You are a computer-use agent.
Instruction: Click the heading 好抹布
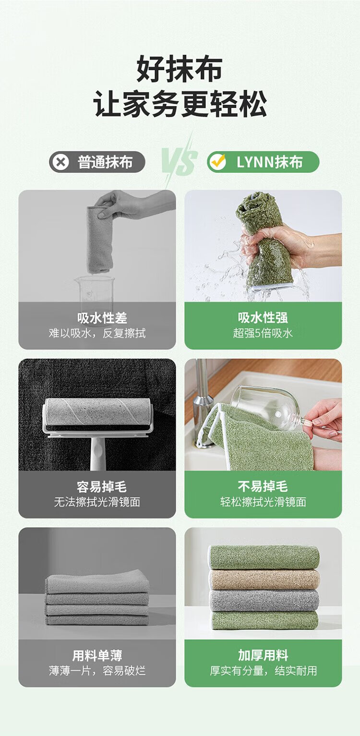180,69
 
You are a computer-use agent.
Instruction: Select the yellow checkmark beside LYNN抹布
218,161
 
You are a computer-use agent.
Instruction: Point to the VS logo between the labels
180,161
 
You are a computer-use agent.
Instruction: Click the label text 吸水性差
102,318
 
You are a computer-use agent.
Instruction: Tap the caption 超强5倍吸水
263,333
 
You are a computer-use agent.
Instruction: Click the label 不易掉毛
263,486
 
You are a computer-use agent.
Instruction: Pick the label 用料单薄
97,655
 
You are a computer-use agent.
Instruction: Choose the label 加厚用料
263,655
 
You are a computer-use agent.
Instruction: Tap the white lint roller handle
98,453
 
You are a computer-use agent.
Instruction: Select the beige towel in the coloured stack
265,580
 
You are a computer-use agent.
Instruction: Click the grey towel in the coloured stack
265,600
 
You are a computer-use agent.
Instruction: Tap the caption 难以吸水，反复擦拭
97,333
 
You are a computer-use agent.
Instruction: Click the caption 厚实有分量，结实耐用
263,671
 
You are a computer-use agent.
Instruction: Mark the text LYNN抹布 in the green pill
269,162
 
